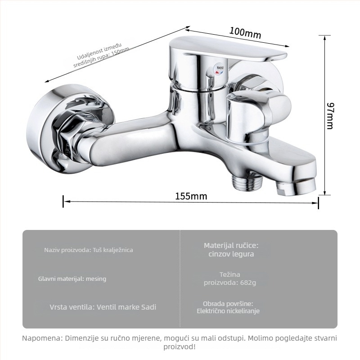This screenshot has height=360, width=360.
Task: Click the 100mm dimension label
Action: [x=245, y=33]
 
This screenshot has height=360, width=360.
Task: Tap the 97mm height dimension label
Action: [x=330, y=116]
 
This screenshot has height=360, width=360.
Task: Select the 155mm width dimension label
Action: [x=191, y=196]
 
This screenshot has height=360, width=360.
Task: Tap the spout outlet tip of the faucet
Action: [x=296, y=186]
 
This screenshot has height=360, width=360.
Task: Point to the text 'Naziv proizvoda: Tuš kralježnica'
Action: [x=89, y=250]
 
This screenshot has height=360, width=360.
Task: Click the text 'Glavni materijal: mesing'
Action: [x=72, y=279]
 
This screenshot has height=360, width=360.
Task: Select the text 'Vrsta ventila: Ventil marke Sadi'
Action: [x=103, y=307]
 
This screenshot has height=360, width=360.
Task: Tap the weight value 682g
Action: [x=248, y=283]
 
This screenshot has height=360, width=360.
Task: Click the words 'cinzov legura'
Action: [x=231, y=254]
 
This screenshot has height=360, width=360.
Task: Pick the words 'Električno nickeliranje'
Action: [x=228, y=311]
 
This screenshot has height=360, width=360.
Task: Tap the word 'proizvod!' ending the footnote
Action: [x=180, y=346]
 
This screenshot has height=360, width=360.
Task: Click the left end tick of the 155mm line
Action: [x=63, y=201]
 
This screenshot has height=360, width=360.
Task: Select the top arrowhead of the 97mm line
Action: [x=324, y=38]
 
